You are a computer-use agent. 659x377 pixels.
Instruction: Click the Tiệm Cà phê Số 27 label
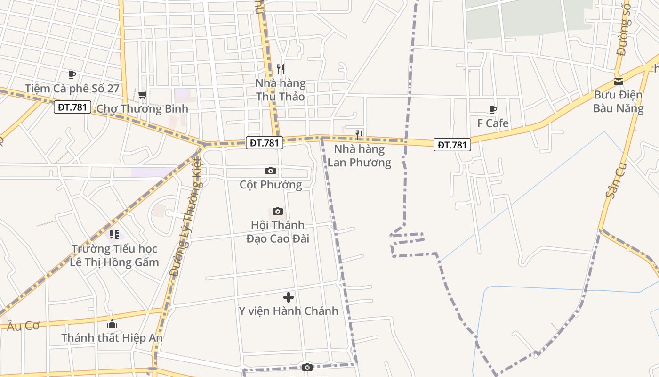coord(72,89)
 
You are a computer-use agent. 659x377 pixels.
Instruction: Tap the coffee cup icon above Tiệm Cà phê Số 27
coord(72,74)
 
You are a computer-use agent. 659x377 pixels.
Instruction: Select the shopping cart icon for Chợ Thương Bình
coord(143,95)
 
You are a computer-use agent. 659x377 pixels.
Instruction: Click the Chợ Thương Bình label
coord(142,109)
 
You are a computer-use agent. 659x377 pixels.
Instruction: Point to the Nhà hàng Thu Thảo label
coord(280,90)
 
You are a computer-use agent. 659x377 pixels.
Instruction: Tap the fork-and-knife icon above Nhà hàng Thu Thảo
coord(281,69)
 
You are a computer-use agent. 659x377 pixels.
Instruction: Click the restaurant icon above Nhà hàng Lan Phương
coord(359,135)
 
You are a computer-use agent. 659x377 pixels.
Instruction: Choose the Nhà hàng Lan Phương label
coord(359,156)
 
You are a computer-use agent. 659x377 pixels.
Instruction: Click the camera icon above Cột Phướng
coord(271,171)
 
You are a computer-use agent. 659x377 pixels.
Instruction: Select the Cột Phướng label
coord(271,185)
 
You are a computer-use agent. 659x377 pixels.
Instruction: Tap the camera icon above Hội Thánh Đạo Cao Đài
coord(278,211)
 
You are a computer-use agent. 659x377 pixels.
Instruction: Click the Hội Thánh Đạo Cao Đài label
coord(278,232)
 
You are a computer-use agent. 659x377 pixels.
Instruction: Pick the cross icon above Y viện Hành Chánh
coord(289,297)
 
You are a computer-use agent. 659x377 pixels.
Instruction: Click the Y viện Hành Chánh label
coord(289,311)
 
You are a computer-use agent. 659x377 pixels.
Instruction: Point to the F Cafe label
coord(493,123)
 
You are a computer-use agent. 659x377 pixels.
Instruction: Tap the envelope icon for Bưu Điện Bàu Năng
coord(619,82)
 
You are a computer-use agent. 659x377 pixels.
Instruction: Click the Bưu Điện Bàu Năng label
coord(619,102)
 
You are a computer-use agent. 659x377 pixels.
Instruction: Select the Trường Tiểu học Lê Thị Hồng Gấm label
coord(114,255)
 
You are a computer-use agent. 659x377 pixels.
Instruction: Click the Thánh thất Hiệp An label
coord(112,338)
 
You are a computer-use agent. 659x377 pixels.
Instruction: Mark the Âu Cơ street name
coord(23,326)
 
